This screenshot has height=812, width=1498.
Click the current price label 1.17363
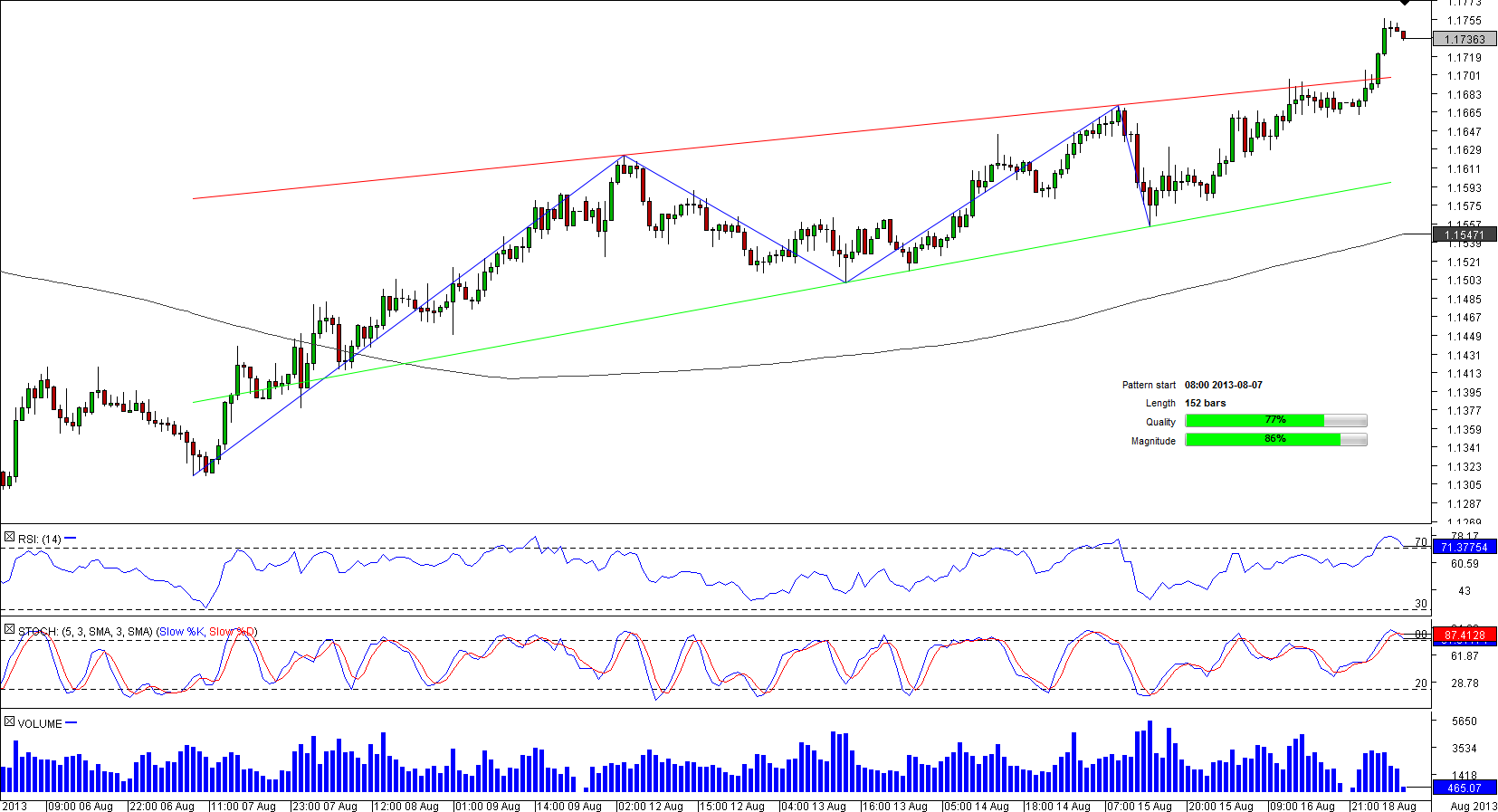[x=1465, y=39]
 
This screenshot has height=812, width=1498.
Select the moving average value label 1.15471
[x=1465, y=234]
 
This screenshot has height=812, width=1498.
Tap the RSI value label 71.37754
[x=1465, y=547]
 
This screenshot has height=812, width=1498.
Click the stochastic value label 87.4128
[x=1465, y=635]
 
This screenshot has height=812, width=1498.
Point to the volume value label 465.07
[x=1465, y=788]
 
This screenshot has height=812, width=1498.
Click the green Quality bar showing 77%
[x=1255, y=421]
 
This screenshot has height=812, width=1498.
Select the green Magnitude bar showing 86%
[x=1263, y=440]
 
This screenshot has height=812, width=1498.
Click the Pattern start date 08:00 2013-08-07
[x=1223, y=385]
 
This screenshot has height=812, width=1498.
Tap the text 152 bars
[x=1205, y=403]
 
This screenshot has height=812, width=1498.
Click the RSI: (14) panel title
[x=40, y=540]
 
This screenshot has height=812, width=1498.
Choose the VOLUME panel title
[x=40, y=723]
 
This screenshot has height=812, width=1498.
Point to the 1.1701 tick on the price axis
[x=1464, y=76]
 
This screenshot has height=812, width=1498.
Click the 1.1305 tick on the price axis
[x=1464, y=485]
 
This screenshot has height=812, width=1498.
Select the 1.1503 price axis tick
[x=1464, y=281]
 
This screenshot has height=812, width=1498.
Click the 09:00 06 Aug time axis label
[x=81, y=806]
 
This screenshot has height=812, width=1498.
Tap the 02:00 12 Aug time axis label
[x=650, y=806]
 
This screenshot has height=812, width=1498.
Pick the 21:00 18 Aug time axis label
[x=1383, y=806]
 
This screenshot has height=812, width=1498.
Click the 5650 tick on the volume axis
[x=1464, y=721]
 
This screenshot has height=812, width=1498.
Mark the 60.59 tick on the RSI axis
[x=1464, y=564]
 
